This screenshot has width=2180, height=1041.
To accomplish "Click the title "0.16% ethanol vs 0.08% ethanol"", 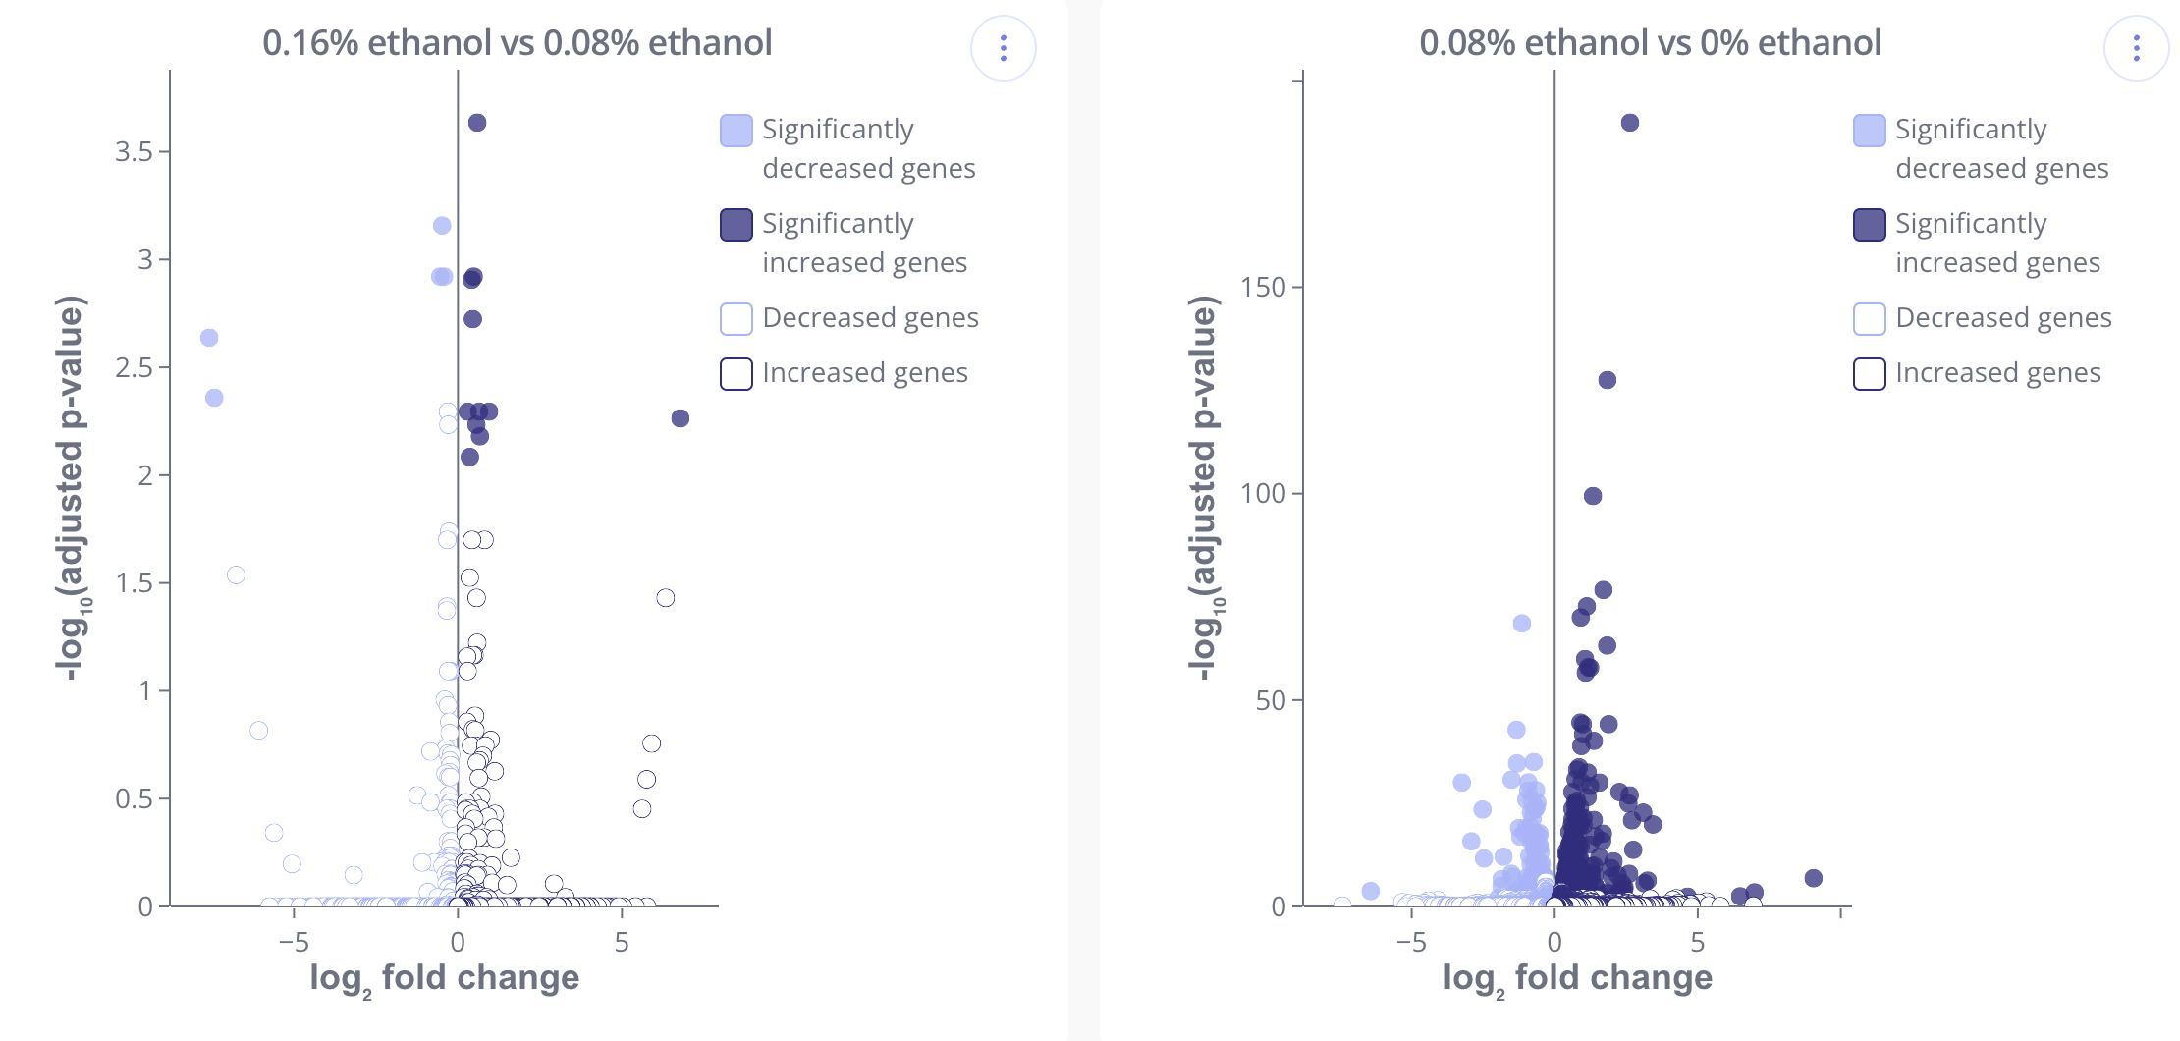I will (x=517, y=43).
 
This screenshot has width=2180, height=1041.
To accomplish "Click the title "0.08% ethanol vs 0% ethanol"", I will (x=1650, y=43).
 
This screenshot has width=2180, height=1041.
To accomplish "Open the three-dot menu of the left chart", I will (x=1003, y=48).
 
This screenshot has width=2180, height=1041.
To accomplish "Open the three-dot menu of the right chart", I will (x=2136, y=48).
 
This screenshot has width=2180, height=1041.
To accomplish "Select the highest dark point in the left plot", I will (x=477, y=123).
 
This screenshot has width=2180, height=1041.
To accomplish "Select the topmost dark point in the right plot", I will (x=1630, y=123).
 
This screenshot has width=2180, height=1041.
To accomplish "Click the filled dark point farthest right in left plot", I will (x=681, y=418).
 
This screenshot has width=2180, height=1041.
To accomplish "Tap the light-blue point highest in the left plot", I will (x=442, y=226).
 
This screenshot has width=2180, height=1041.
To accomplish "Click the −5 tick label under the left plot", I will (x=294, y=943).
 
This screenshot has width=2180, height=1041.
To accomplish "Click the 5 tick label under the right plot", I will (x=1698, y=943).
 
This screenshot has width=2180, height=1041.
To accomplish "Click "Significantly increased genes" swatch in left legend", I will (x=736, y=225).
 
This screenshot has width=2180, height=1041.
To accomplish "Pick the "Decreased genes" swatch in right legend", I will (x=1870, y=319).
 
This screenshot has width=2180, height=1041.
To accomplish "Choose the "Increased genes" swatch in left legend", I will (x=736, y=374).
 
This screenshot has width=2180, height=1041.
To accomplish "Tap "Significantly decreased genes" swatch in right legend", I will (x=1870, y=131).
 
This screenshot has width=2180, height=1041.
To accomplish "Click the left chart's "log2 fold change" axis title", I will (x=444, y=979).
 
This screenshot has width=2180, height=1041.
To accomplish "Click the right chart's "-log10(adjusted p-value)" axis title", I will (x=1203, y=488).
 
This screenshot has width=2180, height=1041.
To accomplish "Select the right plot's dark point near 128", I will (x=1608, y=380).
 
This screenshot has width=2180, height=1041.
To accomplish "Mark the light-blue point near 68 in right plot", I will (x=1522, y=624).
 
